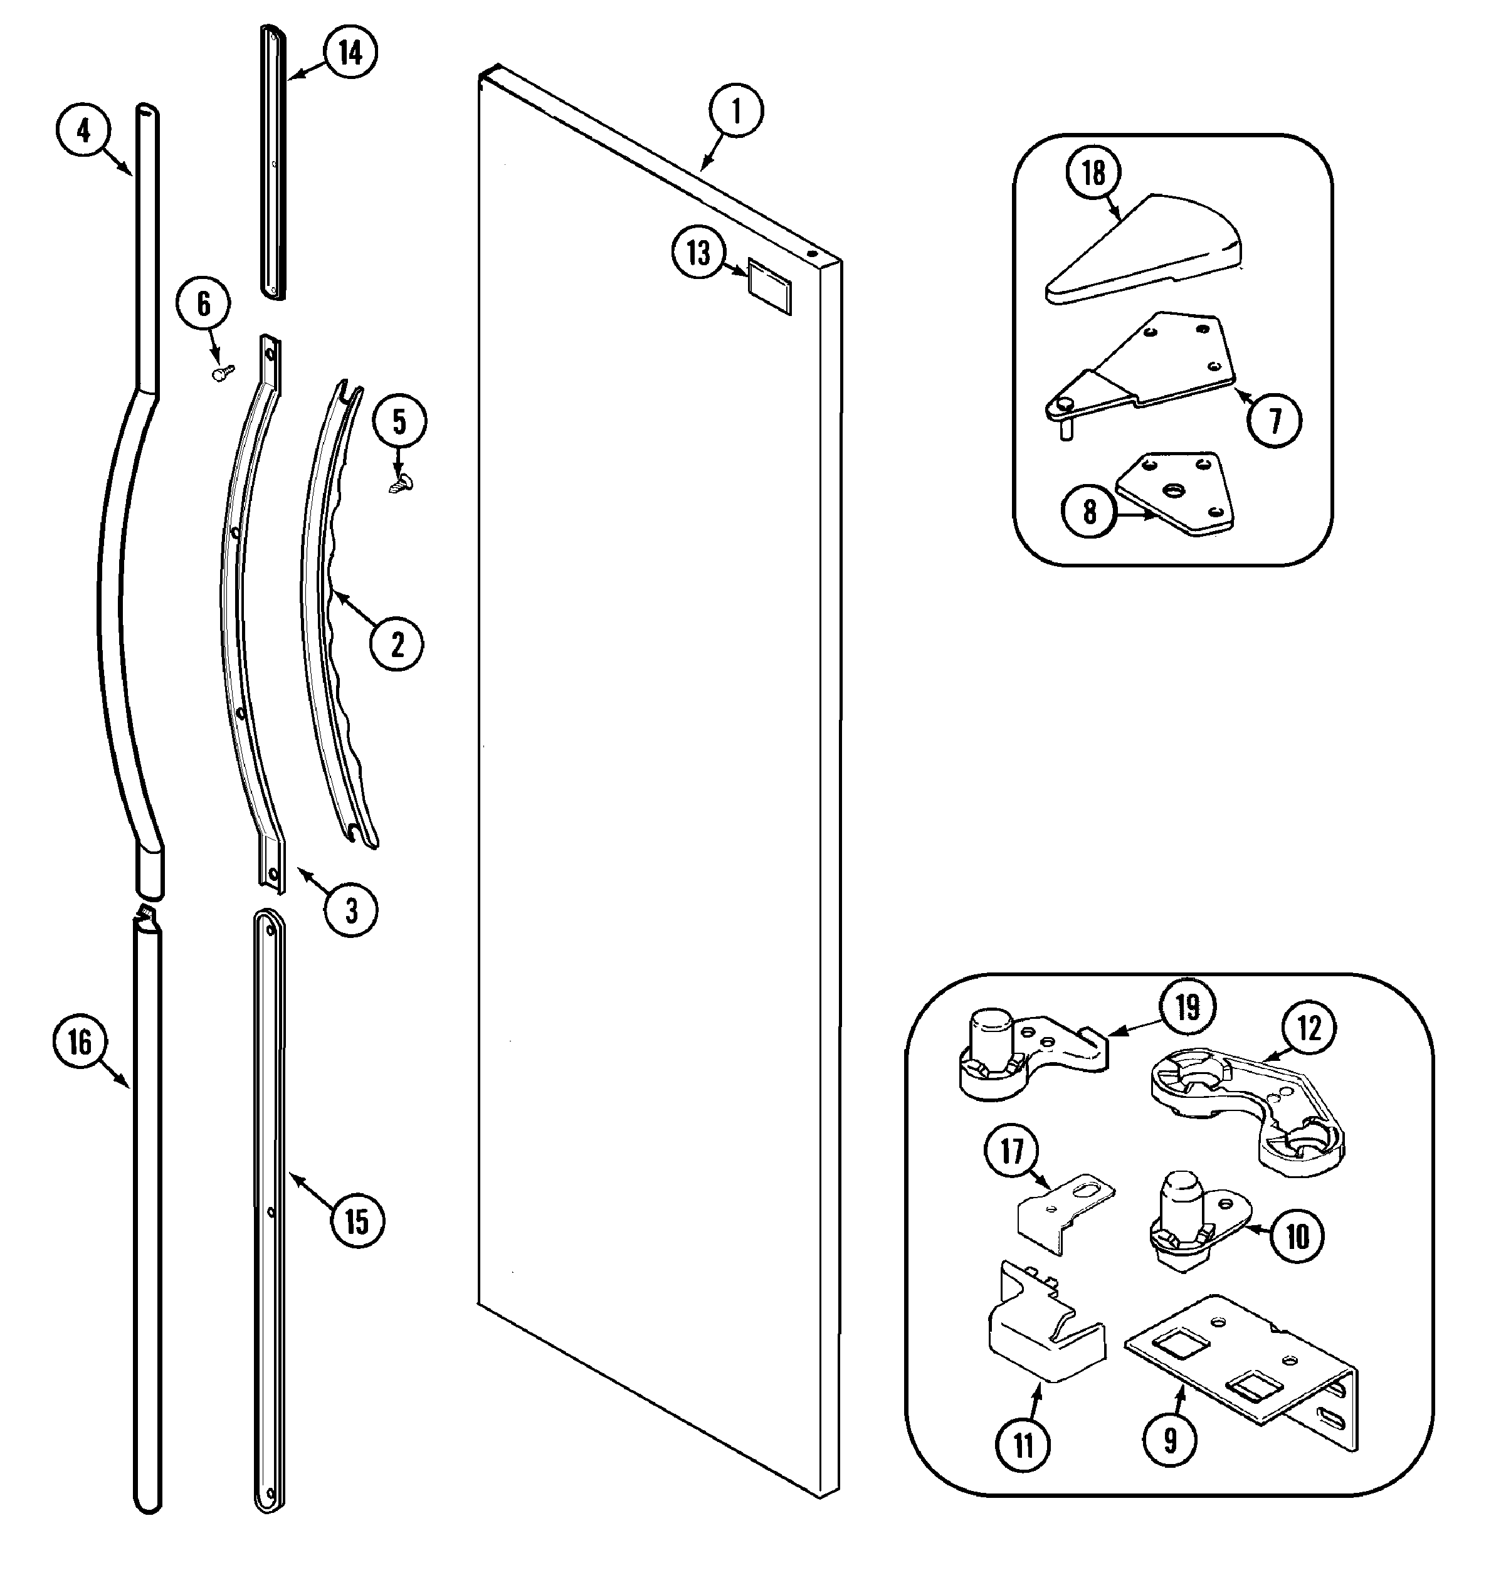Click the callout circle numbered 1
click(x=735, y=110)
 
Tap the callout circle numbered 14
click(x=350, y=52)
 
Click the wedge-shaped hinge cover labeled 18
click(x=1144, y=250)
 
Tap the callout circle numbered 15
click(x=357, y=1222)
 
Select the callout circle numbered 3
click(x=351, y=910)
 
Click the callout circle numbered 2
click(x=397, y=645)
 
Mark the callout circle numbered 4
click(x=83, y=130)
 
